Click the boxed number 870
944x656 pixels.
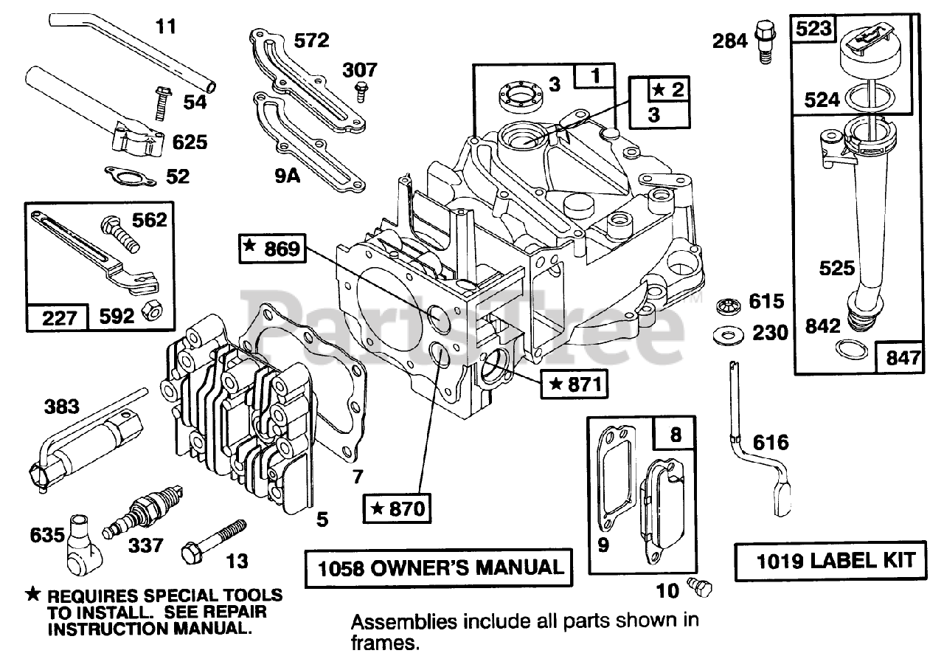(x=398, y=508)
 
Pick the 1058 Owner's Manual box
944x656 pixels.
(x=439, y=567)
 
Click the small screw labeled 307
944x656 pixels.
(x=361, y=92)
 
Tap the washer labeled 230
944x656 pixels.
(x=730, y=334)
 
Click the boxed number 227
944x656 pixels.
(x=60, y=319)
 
